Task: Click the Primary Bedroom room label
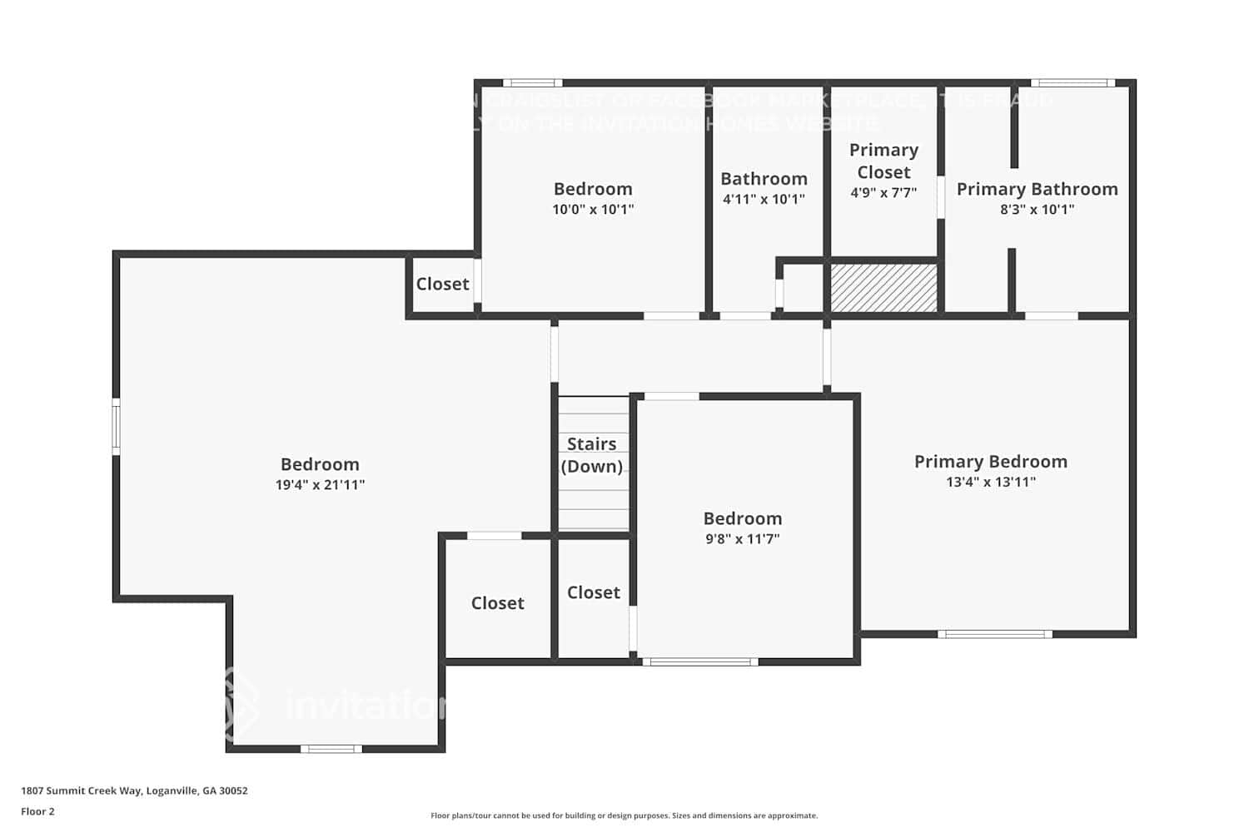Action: [990, 462]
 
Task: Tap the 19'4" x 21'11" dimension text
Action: [320, 485]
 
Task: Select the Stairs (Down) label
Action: [592, 455]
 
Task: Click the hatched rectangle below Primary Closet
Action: [884, 288]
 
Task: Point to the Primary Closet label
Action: [883, 161]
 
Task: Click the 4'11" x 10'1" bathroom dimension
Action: [764, 200]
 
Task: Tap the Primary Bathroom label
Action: [1037, 189]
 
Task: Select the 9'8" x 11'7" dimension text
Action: [742, 539]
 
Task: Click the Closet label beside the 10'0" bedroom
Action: [442, 285]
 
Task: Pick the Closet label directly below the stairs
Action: [593, 592]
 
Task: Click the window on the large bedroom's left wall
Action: [117, 427]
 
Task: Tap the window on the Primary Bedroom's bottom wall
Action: [995, 634]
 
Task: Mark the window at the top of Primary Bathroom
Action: [1072, 83]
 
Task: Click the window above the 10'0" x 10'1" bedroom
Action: [532, 83]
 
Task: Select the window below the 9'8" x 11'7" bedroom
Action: [699, 662]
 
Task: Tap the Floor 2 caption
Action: [37, 811]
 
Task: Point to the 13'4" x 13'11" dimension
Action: [990, 483]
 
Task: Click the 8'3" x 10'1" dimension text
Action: [1037, 210]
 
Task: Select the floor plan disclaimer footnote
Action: [624, 815]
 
